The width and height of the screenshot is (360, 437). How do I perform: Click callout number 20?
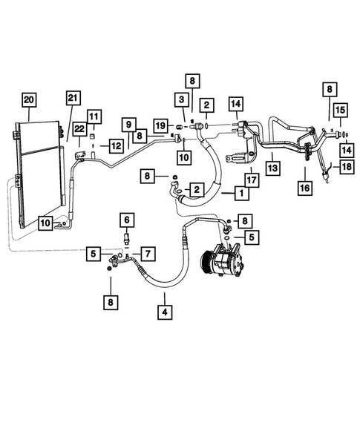click(28, 99)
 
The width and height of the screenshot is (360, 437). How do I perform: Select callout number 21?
click(72, 99)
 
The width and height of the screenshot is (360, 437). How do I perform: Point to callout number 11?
click(95, 116)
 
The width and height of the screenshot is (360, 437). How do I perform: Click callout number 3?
click(180, 99)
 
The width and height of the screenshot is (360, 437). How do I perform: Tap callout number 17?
click(250, 179)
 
